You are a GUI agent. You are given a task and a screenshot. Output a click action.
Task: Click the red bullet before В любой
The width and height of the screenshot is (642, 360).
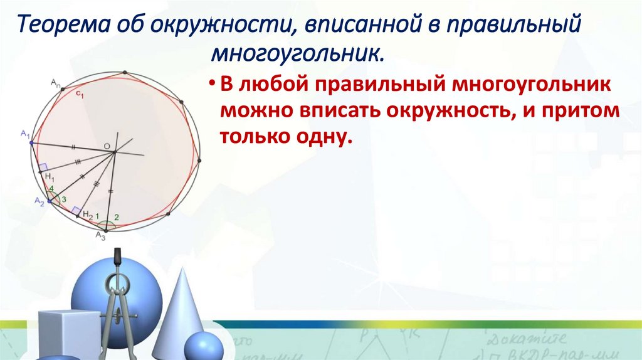coord(212,85)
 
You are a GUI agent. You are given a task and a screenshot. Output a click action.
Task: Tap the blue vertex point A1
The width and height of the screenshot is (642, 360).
coord(31,143)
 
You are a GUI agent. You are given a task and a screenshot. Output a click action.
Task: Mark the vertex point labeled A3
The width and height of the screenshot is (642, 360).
coord(106,230)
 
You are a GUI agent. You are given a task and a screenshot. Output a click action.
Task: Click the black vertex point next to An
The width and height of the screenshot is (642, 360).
coord(63,88)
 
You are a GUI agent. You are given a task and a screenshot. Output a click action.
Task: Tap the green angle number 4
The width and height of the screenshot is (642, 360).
coord(52,189)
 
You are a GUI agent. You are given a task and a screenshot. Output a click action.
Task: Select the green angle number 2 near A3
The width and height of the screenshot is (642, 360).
coord(116,218)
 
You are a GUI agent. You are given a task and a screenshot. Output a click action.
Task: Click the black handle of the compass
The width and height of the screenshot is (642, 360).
coord(117,259)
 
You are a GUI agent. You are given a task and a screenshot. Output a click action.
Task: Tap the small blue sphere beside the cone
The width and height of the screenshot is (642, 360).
coord(203,347)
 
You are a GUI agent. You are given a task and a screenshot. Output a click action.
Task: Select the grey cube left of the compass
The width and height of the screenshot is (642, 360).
coord(69,333)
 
